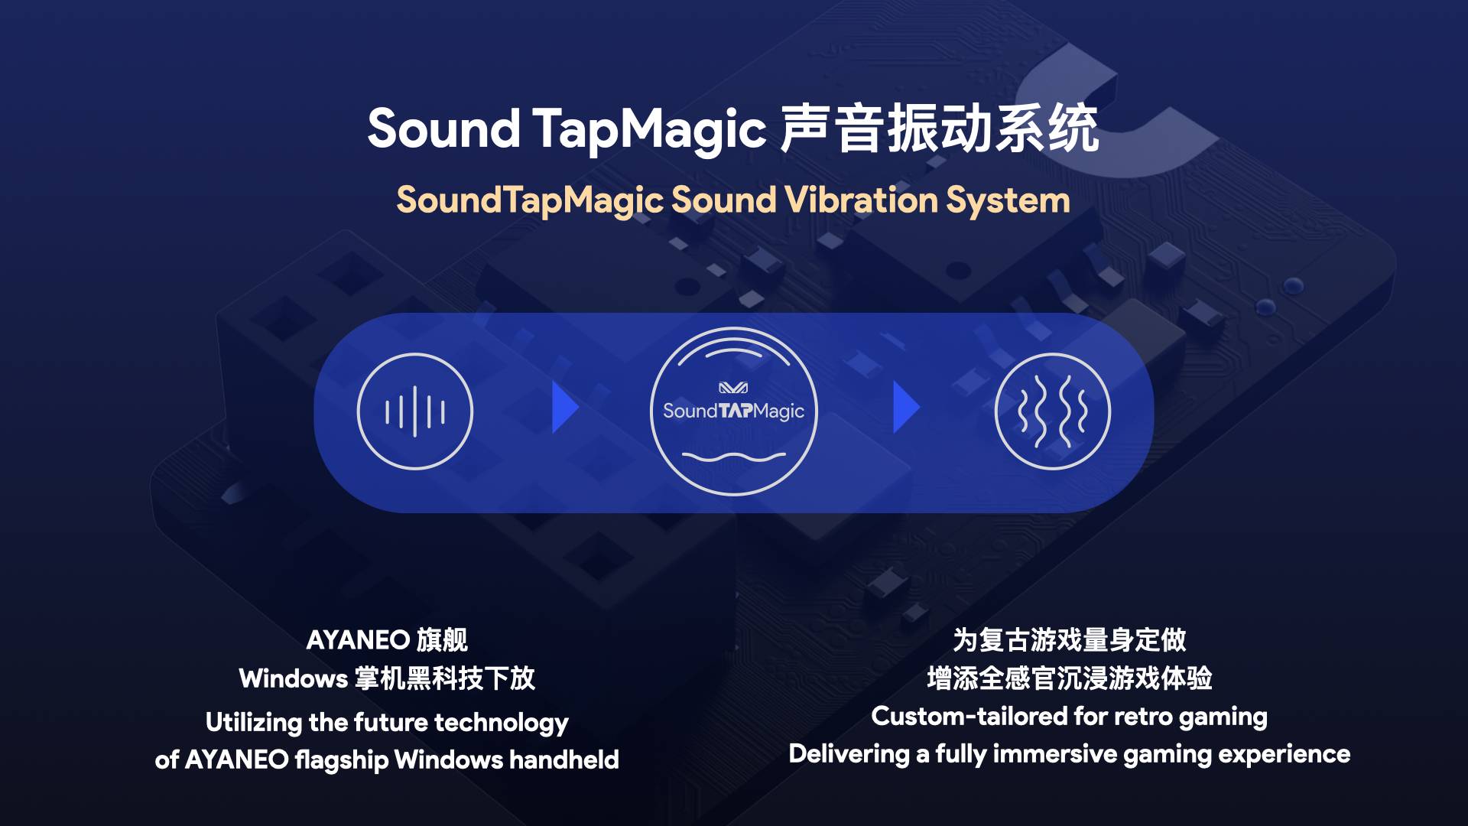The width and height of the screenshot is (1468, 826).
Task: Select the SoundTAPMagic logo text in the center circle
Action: pyautogui.click(x=733, y=411)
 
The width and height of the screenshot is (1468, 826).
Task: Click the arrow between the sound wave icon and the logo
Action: pyautogui.click(x=565, y=408)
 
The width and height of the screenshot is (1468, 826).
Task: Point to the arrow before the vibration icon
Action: pyautogui.click(x=906, y=408)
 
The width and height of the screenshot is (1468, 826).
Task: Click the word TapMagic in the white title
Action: pyautogui.click(x=649, y=128)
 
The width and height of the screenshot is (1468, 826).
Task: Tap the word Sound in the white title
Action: pyautogui.click(x=443, y=128)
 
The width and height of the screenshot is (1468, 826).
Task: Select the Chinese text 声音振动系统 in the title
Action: pyautogui.click(x=940, y=128)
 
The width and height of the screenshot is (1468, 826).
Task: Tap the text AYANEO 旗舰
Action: pyautogui.click(x=387, y=640)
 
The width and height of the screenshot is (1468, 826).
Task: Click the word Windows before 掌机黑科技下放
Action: pyautogui.click(x=294, y=678)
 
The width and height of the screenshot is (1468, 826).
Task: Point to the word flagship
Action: pyautogui.click(x=342, y=760)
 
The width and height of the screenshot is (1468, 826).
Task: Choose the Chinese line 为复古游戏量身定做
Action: pyautogui.click(x=1070, y=640)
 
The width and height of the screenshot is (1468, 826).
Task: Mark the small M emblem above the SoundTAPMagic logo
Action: pyautogui.click(x=733, y=388)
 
